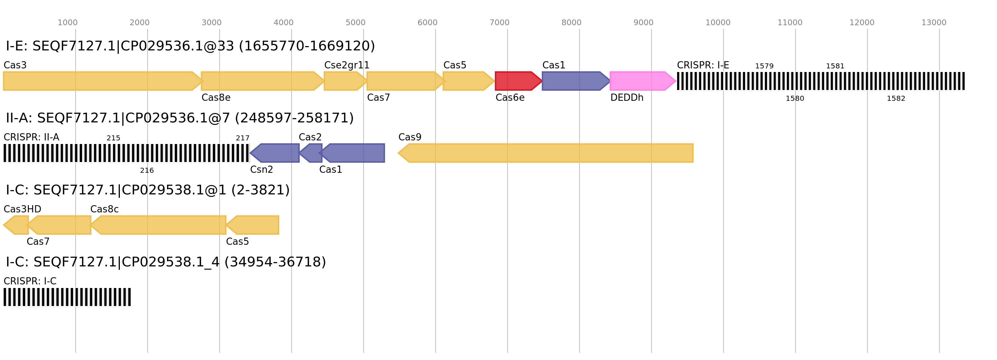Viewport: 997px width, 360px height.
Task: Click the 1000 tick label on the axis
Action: pyautogui.click(x=67, y=23)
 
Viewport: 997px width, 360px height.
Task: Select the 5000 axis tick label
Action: pyautogui.click(x=355, y=23)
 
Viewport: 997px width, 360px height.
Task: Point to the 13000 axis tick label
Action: pyautogui.click(x=934, y=23)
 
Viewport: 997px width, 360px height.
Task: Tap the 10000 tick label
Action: pyautogui.click(x=718, y=23)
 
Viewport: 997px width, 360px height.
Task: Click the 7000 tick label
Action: pyautogui.click(x=499, y=23)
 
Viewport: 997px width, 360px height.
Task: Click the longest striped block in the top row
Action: pyautogui.click(x=821, y=81)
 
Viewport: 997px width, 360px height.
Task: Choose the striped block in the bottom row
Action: pyautogui.click(x=67, y=297)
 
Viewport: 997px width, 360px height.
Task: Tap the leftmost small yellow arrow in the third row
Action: pyautogui.click(x=16, y=225)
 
